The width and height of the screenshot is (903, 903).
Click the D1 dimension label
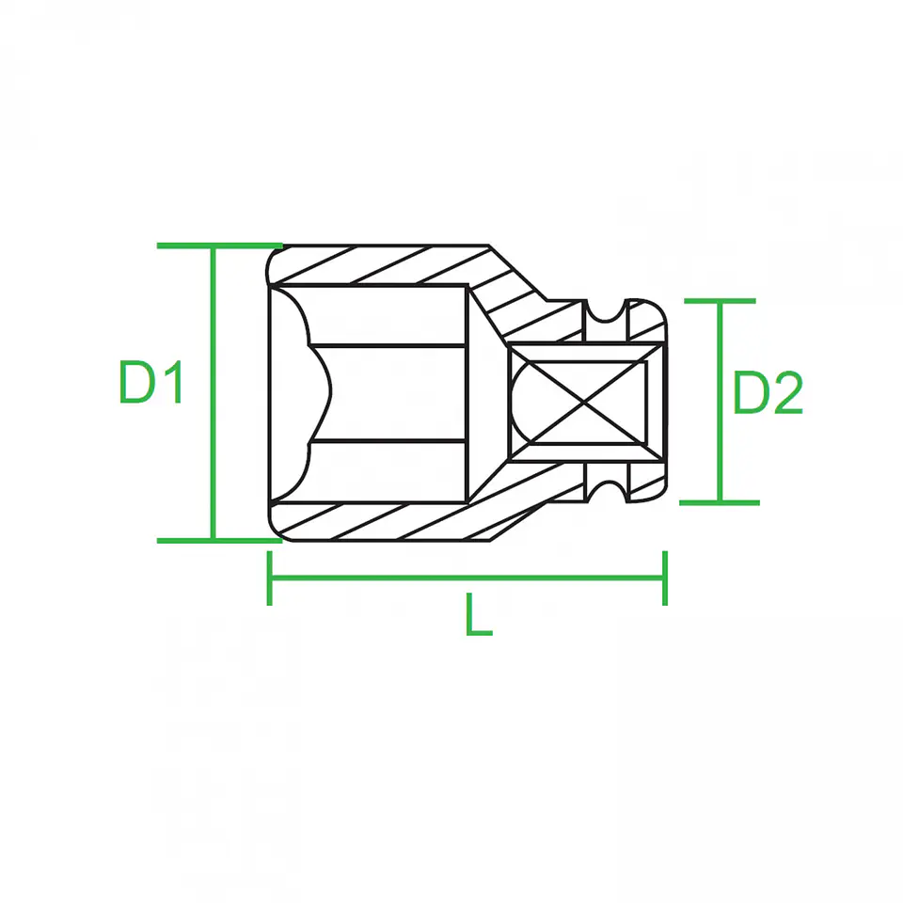pyautogui.click(x=150, y=382)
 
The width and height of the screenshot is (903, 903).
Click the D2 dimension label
pyautogui.click(x=768, y=393)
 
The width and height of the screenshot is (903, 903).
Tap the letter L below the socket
pyautogui.click(x=479, y=614)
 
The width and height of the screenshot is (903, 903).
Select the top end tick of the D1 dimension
pyautogui.click(x=219, y=246)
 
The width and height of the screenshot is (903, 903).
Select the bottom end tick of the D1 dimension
pyautogui.click(x=219, y=541)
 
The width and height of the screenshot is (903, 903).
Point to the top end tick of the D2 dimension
pyautogui.click(x=720, y=301)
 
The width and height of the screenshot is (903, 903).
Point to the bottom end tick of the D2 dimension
pyautogui.click(x=720, y=502)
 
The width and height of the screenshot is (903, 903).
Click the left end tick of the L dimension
pyautogui.click(x=270, y=578)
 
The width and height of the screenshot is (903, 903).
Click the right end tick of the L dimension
pyautogui.click(x=665, y=578)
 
